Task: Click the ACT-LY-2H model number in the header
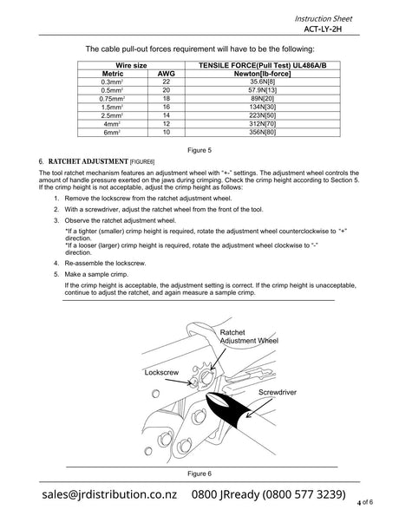coord(323,29)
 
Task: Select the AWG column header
coord(167,74)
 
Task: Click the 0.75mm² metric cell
coord(112,99)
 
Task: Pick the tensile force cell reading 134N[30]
coord(262,107)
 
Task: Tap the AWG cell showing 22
coord(167,82)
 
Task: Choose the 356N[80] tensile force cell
coord(262,133)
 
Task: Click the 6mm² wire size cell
coord(112,133)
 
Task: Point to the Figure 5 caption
coord(199,150)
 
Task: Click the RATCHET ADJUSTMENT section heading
coord(88,161)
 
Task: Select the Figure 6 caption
coord(199,474)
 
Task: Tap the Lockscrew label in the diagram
coord(161,373)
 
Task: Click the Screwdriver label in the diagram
coord(278,392)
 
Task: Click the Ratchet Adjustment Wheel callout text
coord(249,336)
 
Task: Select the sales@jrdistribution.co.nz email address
coord(109,494)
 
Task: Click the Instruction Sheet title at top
coord(324,19)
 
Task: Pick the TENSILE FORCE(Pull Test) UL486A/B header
coord(262,66)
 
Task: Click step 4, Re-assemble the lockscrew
coord(105,264)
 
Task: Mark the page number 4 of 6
coord(365,502)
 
